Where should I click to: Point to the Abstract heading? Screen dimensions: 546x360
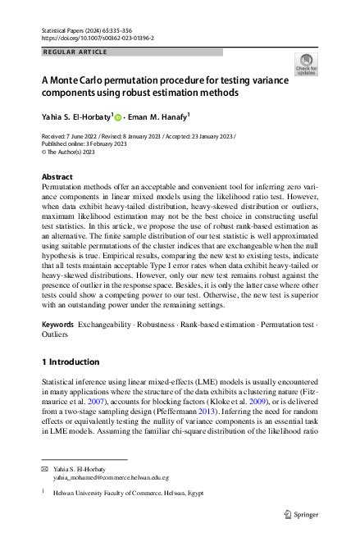coord(57,177)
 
